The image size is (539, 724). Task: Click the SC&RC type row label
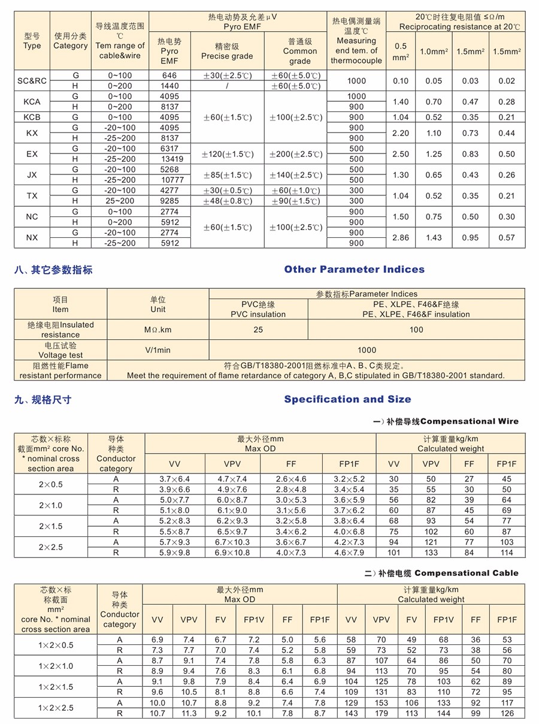(32, 80)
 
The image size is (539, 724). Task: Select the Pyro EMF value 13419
(169, 159)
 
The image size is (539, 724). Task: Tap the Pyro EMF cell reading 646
(169, 76)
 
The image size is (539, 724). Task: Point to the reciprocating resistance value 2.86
(400, 237)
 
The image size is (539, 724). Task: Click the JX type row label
(32, 174)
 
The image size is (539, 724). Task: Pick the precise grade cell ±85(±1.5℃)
(226, 175)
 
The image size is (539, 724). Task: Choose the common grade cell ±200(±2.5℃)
(296, 154)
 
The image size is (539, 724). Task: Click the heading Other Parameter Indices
(354, 269)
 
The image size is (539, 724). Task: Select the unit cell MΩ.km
(158, 330)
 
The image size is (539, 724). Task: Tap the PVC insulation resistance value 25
(258, 330)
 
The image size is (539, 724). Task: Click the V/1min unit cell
(158, 350)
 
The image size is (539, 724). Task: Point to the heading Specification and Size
(347, 399)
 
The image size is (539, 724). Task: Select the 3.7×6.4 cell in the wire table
(174, 479)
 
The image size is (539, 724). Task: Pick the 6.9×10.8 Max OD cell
(232, 553)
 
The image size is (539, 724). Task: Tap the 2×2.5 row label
(50, 547)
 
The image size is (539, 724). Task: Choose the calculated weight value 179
(381, 713)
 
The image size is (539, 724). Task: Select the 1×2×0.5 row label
(56, 645)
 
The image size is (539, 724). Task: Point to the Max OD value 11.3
(189, 713)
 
